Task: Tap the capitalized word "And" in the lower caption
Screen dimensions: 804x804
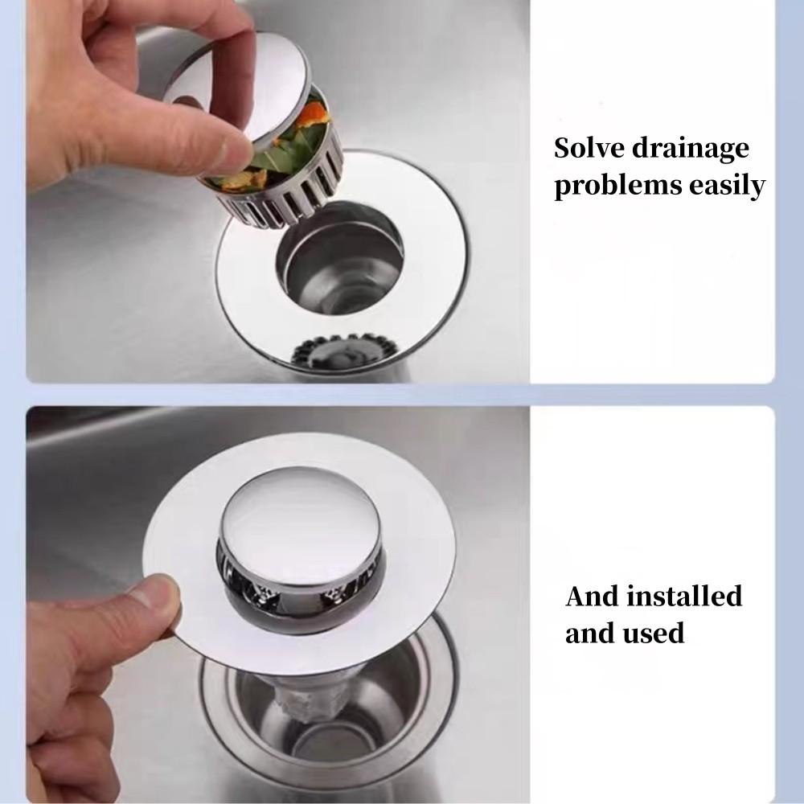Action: coord(593,597)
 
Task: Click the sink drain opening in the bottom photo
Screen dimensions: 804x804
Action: coord(322,716)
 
